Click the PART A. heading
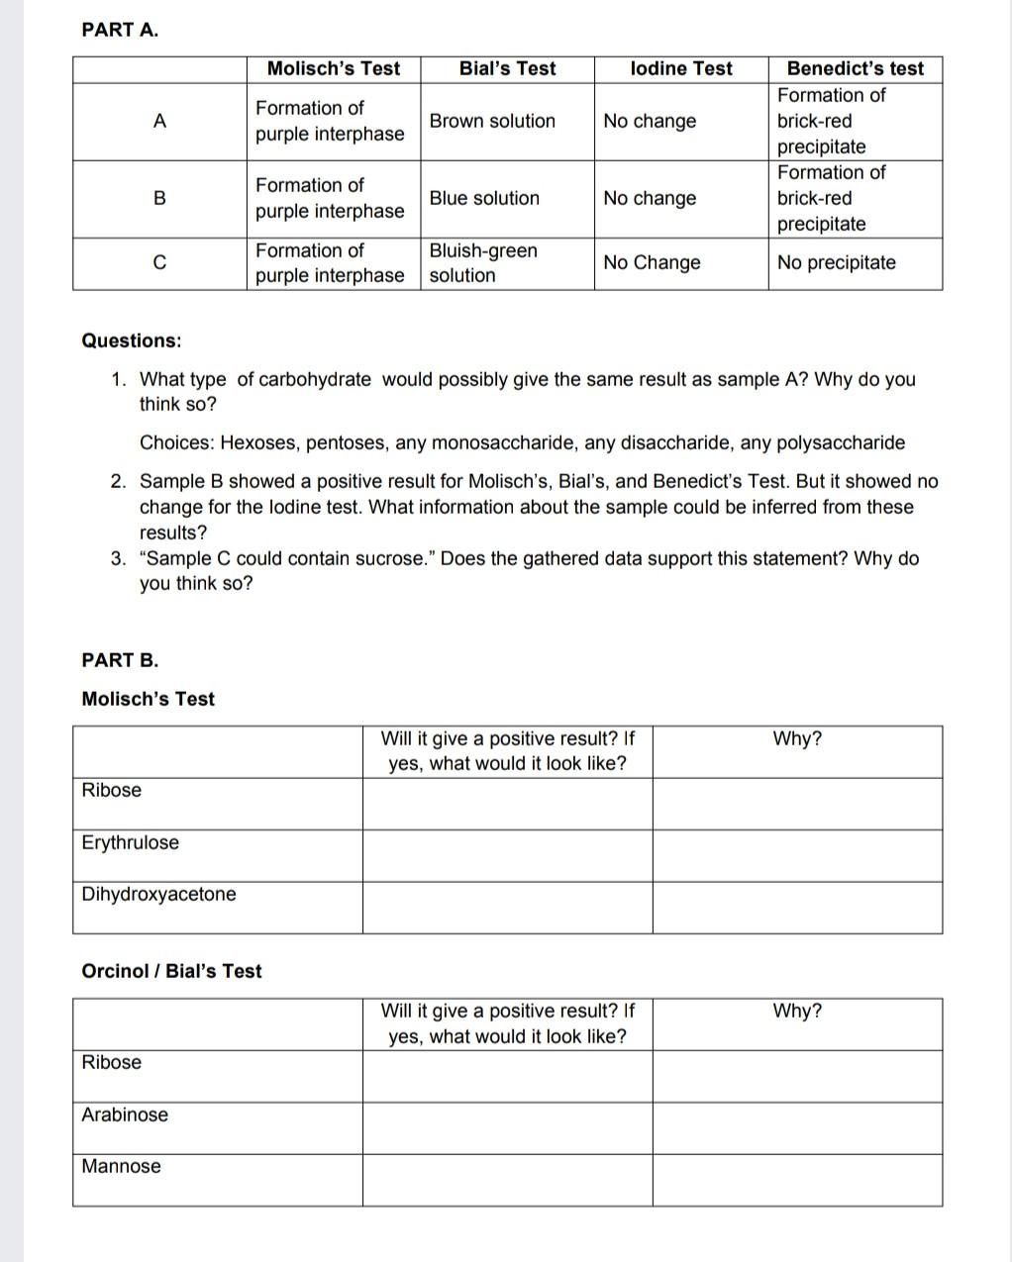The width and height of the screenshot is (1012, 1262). coord(120,30)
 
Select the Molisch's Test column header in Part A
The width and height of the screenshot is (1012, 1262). coord(334,68)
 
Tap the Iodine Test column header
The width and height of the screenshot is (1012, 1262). coord(681,68)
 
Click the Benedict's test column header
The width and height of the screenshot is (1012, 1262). coord(855,68)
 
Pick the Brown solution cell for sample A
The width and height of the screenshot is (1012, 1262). coord(492,121)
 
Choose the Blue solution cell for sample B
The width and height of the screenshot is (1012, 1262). coord(484,198)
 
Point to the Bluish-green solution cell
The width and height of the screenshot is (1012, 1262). coord(483,263)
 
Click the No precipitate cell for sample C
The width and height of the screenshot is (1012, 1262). coord(836,262)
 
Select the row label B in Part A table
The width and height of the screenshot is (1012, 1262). coord(159,198)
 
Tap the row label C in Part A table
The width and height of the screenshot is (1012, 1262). coord(159,263)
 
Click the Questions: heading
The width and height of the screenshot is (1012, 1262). coord(132,340)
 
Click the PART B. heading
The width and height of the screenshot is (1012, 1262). coord(120,660)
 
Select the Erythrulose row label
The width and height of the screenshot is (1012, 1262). coord(131,842)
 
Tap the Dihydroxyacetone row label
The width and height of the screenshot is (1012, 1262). coord(158,894)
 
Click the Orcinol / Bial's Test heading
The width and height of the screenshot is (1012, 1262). coord(171,971)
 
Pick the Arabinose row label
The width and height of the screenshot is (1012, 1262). coord(125,1115)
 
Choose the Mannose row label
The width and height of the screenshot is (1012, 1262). coord(121,1166)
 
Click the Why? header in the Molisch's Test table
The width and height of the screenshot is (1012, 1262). coord(797,739)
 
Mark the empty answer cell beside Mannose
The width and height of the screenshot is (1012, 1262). coord(507,1180)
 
